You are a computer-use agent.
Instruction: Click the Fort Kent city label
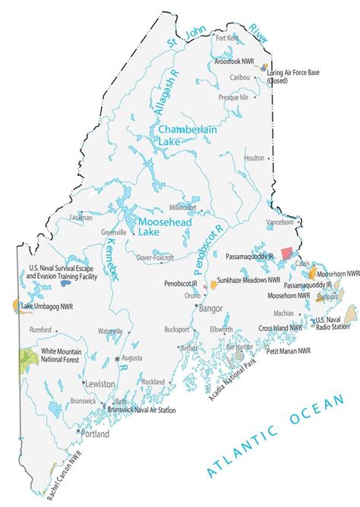point(228,37)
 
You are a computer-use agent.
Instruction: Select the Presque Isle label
point(233,97)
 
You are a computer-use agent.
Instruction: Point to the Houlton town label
point(253,158)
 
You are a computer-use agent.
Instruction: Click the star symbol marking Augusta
point(117,357)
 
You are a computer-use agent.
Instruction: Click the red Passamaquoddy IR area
point(286,253)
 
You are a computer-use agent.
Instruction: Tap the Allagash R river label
point(167,96)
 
